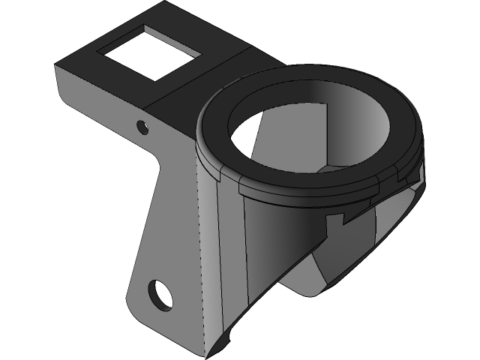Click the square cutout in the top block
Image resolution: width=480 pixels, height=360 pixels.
coord(150,52)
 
